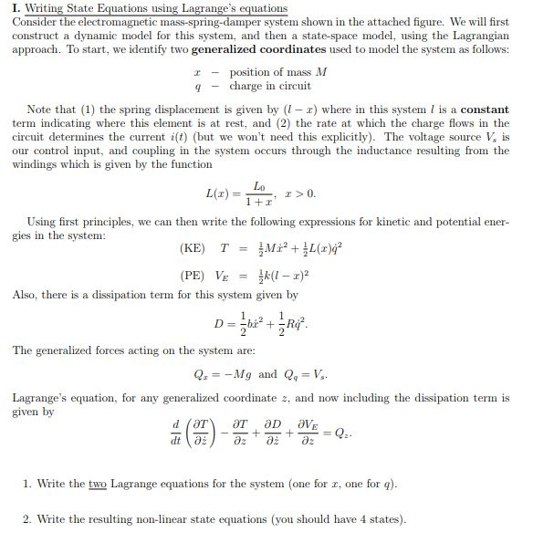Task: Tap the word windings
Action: (x=33, y=164)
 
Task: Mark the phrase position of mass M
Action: (x=271, y=72)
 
